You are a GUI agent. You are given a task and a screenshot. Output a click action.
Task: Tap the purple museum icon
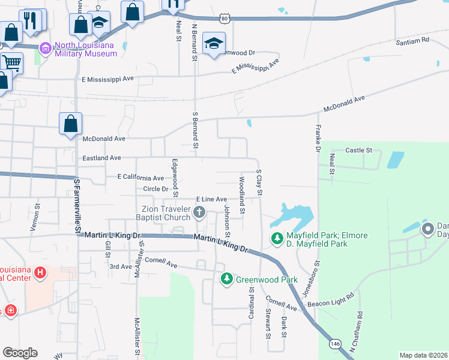tap(44, 48)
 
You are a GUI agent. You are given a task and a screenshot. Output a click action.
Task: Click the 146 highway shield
tap(335, 344)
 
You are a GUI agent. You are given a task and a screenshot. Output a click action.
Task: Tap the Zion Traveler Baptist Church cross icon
tap(199, 212)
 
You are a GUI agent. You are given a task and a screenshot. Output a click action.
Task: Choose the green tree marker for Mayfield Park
tap(277, 239)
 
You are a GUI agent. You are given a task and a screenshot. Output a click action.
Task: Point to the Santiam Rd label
tap(412, 41)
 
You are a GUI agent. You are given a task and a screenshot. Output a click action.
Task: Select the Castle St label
tap(360, 150)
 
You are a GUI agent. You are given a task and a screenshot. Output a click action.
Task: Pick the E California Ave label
tap(140, 178)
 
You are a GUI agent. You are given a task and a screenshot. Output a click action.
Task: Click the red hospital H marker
tap(40, 274)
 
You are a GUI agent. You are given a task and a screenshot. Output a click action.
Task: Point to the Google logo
tap(20, 352)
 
